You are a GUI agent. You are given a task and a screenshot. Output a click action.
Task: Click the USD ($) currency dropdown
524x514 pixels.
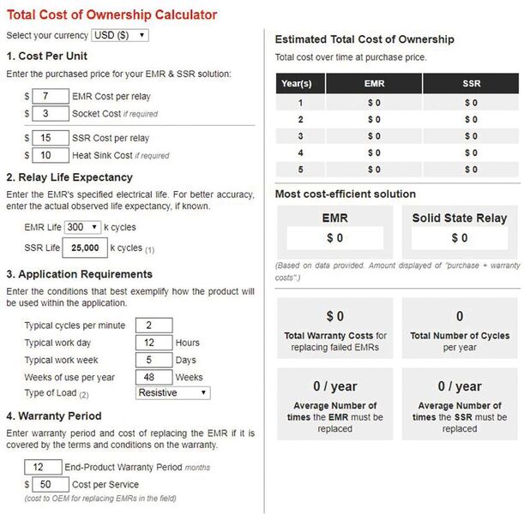pos(119,35)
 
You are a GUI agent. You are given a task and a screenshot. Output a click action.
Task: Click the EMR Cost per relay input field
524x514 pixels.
pos(51,96)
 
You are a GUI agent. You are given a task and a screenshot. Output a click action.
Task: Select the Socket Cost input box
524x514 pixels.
pos(51,113)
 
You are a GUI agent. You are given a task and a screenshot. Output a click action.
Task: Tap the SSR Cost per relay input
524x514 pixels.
pos(51,138)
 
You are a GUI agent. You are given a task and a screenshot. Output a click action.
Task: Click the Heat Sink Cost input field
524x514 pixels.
pos(51,155)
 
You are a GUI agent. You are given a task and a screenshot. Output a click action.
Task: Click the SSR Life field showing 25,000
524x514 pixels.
pos(85,248)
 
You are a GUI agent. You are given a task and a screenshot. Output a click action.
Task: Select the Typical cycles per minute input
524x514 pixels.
pos(154,326)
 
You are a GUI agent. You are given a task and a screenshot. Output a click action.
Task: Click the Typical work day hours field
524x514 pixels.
pos(154,343)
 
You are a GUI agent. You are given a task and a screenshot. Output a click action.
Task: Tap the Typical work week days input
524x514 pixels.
pos(154,360)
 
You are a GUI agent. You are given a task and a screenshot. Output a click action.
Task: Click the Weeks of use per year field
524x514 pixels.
pos(154,376)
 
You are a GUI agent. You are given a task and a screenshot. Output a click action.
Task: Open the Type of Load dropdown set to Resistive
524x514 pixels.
pos(172,392)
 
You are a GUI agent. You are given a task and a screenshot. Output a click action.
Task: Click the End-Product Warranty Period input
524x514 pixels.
pos(42,467)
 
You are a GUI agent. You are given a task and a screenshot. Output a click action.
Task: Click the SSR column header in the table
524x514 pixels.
pos(471,83)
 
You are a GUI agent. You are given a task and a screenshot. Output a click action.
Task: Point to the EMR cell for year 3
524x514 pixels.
pos(373,135)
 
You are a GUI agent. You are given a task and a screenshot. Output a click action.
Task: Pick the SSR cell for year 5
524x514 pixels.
pos(471,169)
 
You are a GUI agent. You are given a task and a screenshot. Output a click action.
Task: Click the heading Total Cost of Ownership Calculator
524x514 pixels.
pos(111,15)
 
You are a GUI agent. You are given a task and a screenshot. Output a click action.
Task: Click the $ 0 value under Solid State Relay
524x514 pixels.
pos(460,237)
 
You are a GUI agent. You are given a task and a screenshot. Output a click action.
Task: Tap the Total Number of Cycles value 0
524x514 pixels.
pos(460,316)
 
